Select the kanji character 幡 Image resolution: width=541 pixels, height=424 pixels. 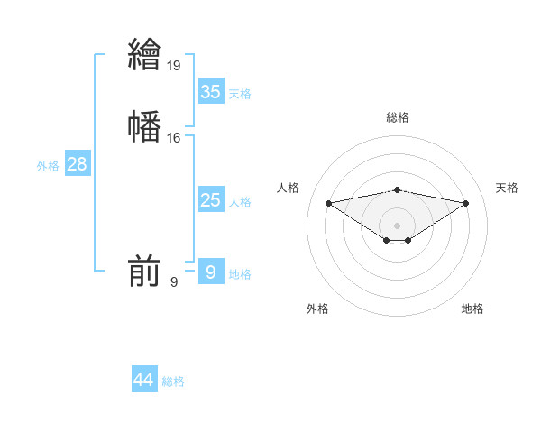144,125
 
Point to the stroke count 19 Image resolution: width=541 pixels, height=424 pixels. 175,66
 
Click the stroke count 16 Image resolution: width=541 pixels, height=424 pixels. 174,138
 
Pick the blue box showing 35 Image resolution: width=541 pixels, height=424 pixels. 211,92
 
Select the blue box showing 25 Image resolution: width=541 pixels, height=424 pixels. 211,200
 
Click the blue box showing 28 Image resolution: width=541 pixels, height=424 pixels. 77,164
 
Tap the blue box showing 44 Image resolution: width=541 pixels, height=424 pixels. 144,380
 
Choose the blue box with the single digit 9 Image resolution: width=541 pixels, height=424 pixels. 211,272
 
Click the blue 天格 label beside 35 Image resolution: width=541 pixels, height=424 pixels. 240,94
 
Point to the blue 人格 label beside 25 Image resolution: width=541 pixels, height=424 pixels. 240,202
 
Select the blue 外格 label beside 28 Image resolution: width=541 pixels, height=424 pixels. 48,166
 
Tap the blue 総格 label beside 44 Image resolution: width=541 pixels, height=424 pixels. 173,382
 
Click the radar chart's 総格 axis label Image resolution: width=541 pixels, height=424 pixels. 398,117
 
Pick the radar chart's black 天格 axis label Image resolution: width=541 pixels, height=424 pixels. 508,188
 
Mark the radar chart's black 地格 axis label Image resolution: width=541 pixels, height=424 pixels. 472,309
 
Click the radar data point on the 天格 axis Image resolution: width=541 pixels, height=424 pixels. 466,203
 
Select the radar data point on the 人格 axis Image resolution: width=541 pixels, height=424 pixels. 328,202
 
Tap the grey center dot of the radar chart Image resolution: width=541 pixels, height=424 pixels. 398,225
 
